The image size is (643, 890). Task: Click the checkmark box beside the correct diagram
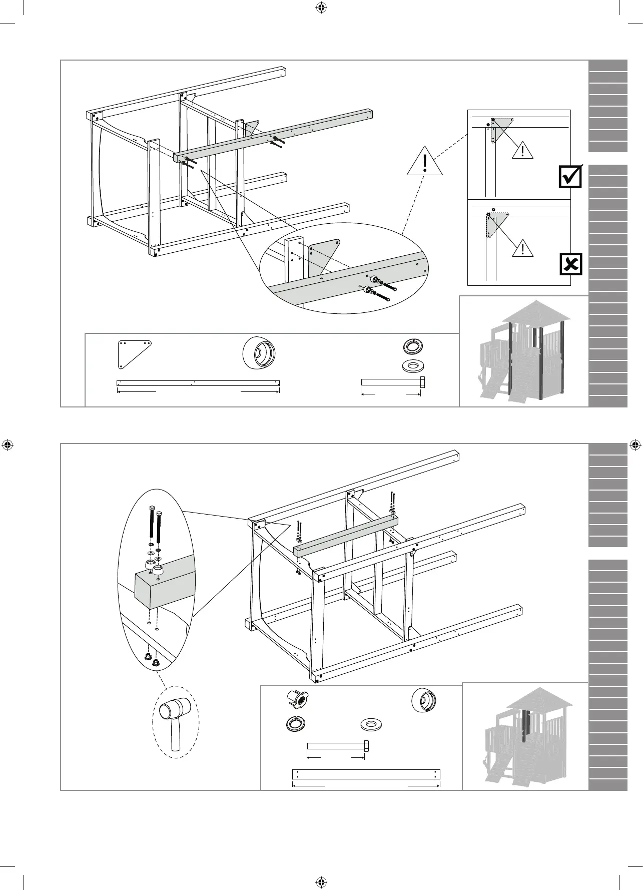[x=570, y=176]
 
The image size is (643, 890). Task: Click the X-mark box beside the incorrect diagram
[x=570, y=264]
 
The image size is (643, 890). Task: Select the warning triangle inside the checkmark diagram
[x=522, y=150]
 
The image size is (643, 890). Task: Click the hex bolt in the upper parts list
[x=393, y=382]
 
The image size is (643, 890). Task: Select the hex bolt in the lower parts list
[x=338, y=746]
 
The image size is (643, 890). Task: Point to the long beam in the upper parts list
[x=198, y=383]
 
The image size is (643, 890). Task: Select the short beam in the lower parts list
[x=366, y=774]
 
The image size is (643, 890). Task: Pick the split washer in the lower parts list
[x=295, y=724]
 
